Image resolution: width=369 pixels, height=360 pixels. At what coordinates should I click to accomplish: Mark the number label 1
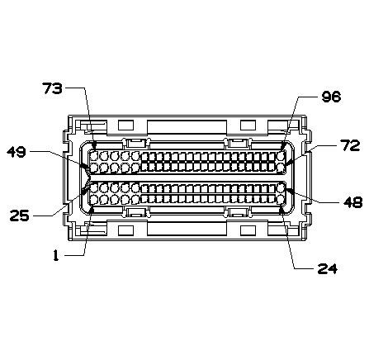pyautogui.click(x=55, y=256)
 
